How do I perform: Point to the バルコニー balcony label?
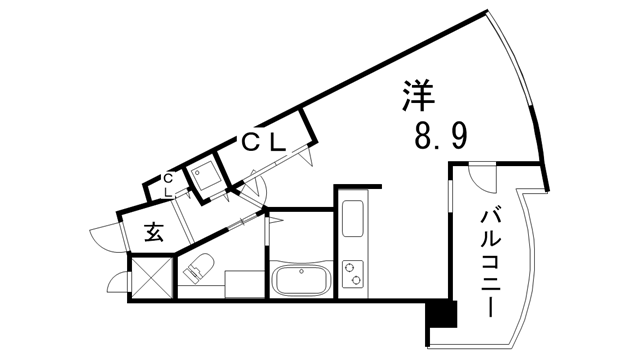click(491, 259)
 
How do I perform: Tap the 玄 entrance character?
click(154, 232)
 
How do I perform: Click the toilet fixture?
click(197, 267)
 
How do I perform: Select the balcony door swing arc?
click(482, 175)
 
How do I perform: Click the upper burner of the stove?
click(353, 267)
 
